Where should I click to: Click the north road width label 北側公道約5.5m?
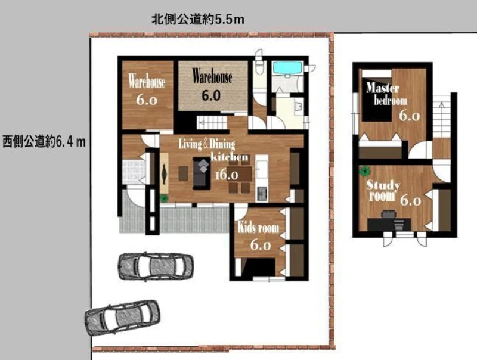[198, 20]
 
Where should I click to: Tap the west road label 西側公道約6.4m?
[44, 142]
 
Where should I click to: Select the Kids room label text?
[258, 228]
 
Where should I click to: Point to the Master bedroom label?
[386, 94]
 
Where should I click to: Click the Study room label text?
[383, 191]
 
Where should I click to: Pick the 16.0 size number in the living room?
[227, 175]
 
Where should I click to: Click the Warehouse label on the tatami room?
[212, 76]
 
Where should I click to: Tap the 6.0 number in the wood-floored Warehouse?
[147, 100]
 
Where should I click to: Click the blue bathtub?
[287, 68]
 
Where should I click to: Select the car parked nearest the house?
[156, 266]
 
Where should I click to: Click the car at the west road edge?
[122, 317]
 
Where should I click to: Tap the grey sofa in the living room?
[202, 173]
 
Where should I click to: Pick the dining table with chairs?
[240, 176]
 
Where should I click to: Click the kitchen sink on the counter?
[262, 194]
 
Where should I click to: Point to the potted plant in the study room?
[364, 171]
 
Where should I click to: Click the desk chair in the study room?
[388, 215]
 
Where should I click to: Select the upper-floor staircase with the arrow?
[441, 116]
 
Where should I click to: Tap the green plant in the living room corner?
[164, 198]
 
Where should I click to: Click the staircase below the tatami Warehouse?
[212, 123]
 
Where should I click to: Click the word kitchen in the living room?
[230, 157]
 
